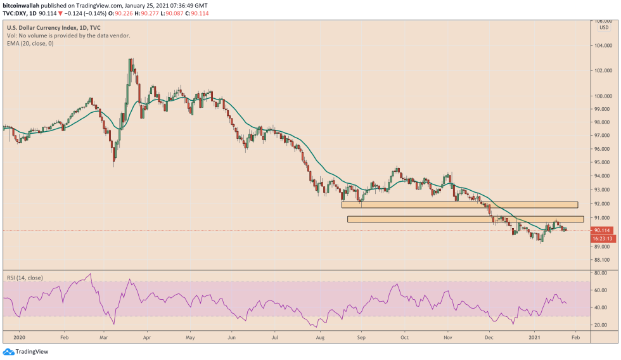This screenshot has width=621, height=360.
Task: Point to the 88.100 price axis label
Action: (x=601, y=260)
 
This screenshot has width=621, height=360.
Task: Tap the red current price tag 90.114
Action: (x=601, y=231)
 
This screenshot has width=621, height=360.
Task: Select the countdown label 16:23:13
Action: (x=601, y=239)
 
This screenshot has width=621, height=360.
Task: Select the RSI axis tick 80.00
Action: (x=601, y=273)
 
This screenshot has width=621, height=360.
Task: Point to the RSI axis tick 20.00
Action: (x=601, y=325)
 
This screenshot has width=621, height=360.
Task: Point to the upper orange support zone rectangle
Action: (x=459, y=205)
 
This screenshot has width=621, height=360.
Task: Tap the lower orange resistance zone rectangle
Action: (x=464, y=219)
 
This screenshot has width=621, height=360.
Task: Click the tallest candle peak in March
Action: (x=130, y=60)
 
